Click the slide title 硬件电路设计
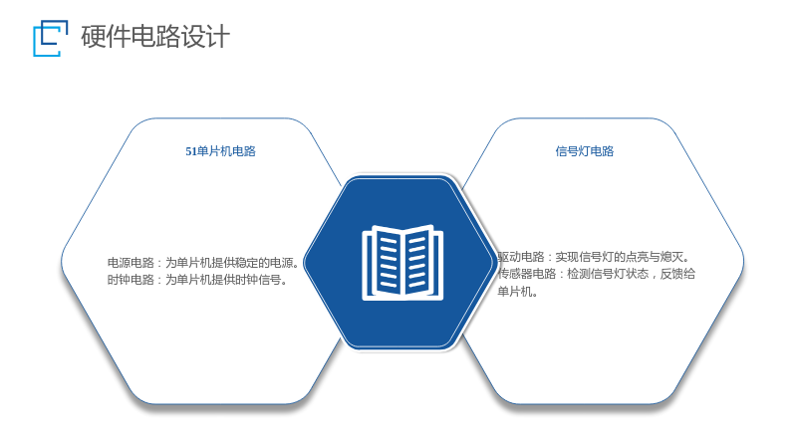coord(155,37)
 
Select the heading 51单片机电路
coord(220,151)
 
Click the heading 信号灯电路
coord(585,151)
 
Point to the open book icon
coord(402,263)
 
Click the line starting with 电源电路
coord(203,263)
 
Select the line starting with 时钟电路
coord(197,280)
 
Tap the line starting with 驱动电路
coord(593,257)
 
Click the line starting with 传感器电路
coord(596,275)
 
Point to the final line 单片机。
coord(517,292)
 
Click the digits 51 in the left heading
coord(190,151)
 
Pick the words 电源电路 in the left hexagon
coord(131,263)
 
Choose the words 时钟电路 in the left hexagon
coord(131,280)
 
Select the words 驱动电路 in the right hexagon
coord(520,257)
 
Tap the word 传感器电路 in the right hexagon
coord(527,275)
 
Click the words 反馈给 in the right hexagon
coord(678,275)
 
